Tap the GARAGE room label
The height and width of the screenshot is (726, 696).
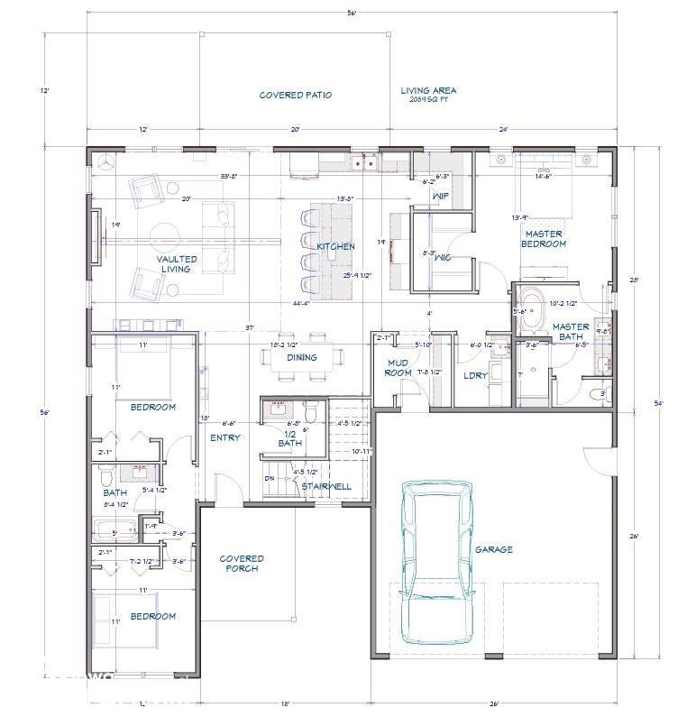(493, 549)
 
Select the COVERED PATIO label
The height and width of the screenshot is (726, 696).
(295, 95)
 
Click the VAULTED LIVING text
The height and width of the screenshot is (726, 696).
(177, 264)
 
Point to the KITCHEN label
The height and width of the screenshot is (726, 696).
(334, 246)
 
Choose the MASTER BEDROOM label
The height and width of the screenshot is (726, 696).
(545, 239)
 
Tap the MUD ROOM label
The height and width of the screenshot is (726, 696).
(398, 368)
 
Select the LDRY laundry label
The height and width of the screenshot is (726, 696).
(474, 375)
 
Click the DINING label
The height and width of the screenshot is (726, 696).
(302, 357)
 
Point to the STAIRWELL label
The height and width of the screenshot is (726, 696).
(326, 486)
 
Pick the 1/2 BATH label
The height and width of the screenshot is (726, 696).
(289, 437)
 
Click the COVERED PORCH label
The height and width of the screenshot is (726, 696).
(242, 564)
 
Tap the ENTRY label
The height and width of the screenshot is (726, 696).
(224, 438)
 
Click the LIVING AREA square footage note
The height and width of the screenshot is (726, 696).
(428, 95)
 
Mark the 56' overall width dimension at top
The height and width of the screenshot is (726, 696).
(352, 12)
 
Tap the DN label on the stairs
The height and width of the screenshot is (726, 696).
(269, 479)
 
